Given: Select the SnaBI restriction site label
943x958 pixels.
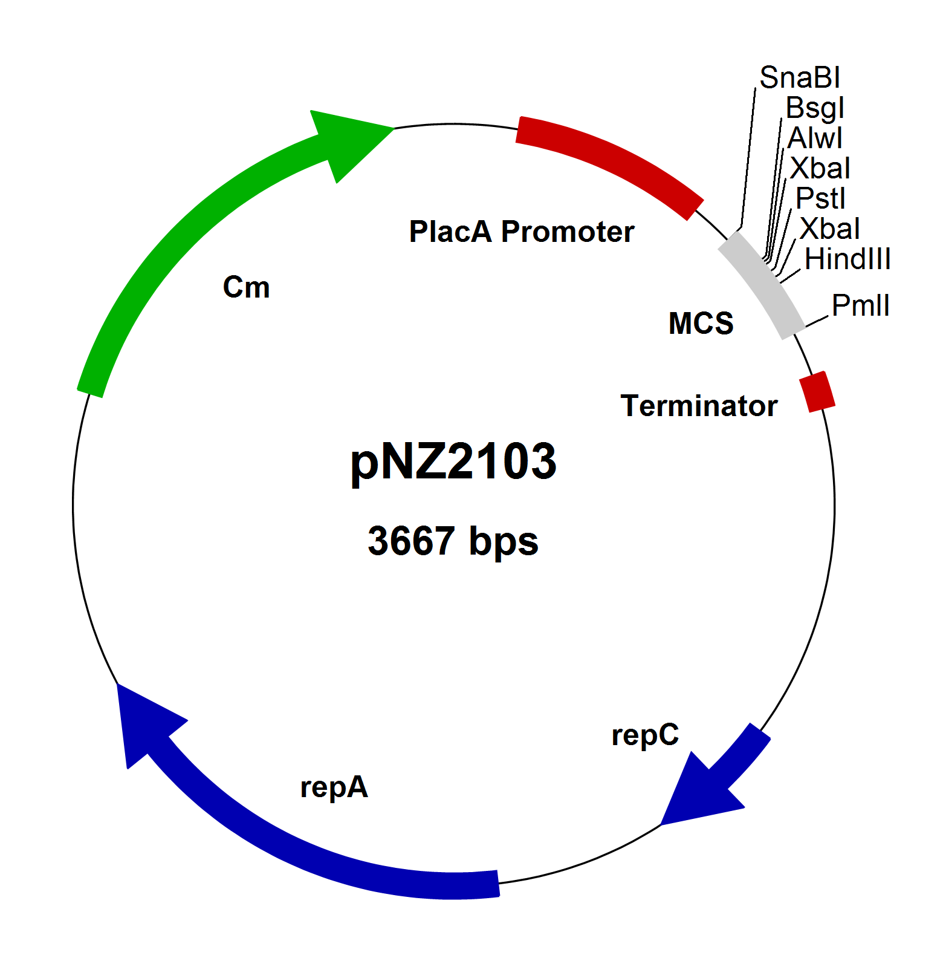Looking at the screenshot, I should [799, 78].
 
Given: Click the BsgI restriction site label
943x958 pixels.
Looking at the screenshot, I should [814, 108].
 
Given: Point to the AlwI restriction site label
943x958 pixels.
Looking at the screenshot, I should [814, 138].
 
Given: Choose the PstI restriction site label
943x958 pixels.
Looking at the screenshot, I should [820, 199].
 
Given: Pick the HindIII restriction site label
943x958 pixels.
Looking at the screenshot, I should [847, 259].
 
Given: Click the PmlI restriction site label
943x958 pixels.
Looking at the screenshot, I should [860, 305].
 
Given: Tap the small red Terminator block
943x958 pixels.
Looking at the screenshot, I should [817, 392].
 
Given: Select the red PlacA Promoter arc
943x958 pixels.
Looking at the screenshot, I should [611, 157].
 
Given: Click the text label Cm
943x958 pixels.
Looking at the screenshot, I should [246, 287].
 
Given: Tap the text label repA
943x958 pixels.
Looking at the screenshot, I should [334, 787].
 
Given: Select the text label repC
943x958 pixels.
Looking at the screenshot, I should [645, 735].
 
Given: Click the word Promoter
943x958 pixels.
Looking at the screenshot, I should [568, 232].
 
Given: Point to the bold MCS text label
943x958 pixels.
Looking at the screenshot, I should [701, 324].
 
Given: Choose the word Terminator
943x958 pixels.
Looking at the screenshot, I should [699, 406].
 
